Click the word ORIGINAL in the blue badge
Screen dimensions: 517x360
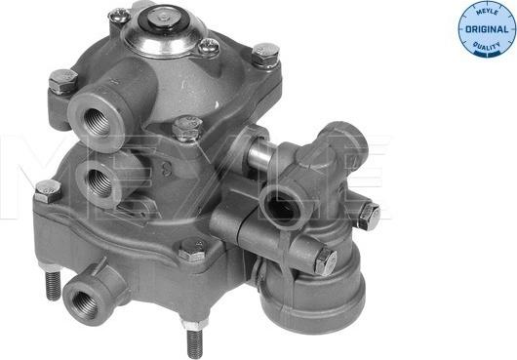point(487,29)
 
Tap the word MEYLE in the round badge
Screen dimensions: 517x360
point(487,12)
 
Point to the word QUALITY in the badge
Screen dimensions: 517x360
point(487,47)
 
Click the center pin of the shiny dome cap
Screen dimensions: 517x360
point(163,19)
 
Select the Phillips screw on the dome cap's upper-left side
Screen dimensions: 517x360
point(119,16)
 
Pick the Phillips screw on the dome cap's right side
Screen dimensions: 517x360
point(209,46)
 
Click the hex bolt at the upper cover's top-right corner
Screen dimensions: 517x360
point(265,55)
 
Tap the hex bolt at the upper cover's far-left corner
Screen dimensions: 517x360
point(63,81)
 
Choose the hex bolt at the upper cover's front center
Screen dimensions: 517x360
point(187,128)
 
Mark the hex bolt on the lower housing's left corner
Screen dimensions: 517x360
point(48,191)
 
